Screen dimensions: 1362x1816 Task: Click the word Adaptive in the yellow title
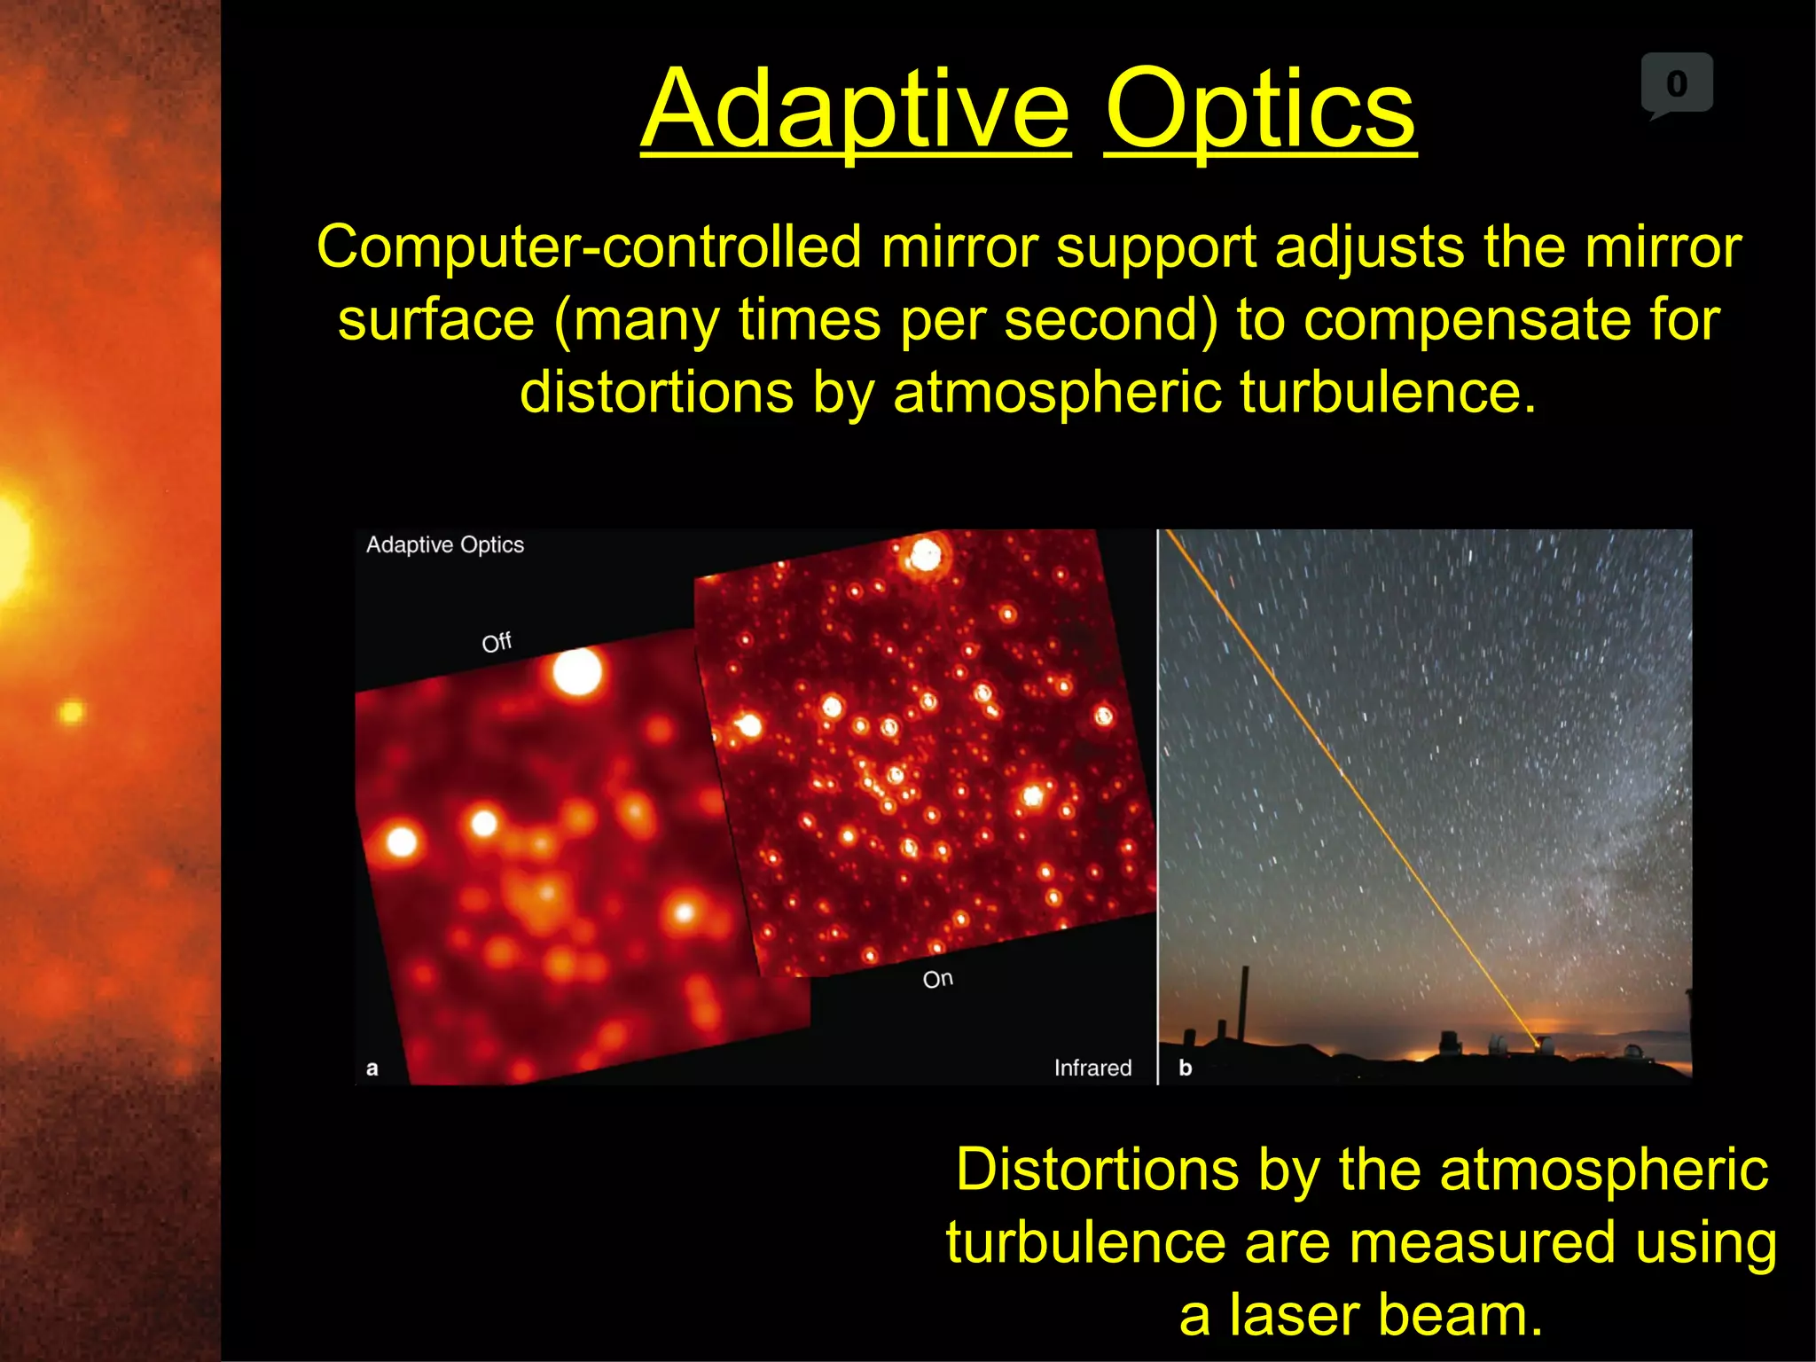[x=855, y=111]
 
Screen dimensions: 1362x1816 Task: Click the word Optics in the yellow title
[x=1259, y=111]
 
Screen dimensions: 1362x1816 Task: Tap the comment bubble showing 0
[x=1676, y=84]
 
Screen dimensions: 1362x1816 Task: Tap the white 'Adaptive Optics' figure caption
[x=444, y=544]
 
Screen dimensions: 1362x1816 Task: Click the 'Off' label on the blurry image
[x=497, y=641]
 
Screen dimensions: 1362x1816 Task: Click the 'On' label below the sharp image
[x=937, y=979]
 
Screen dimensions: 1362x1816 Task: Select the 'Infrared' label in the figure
[x=1092, y=1068]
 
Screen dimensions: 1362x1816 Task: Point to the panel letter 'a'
[x=372, y=1068]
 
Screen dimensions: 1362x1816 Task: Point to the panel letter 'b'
[x=1186, y=1068]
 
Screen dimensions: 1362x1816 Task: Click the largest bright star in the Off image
[x=577, y=671]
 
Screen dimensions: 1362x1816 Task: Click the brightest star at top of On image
[x=926, y=556]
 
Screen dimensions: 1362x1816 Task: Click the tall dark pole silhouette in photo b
[x=1244, y=1002]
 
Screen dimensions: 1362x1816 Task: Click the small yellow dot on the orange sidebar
[x=71, y=711]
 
